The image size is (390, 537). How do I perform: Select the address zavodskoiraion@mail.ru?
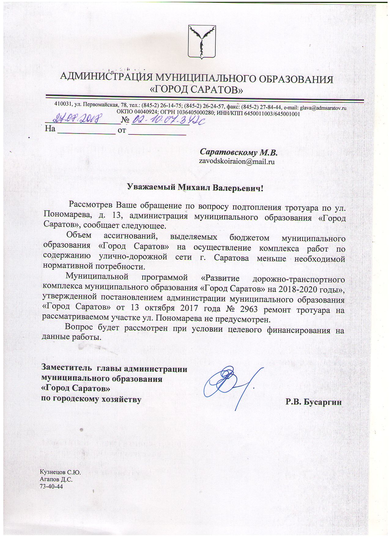coord(236,161)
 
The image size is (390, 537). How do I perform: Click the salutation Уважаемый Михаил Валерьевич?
coord(195,187)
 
